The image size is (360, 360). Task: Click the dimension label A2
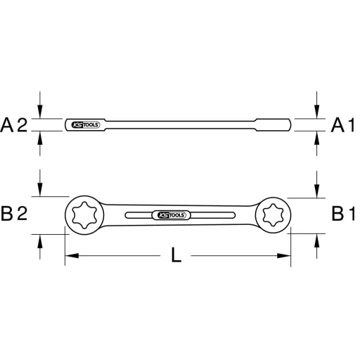click(x=14, y=125)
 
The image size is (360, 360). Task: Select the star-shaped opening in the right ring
click(x=273, y=213)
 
